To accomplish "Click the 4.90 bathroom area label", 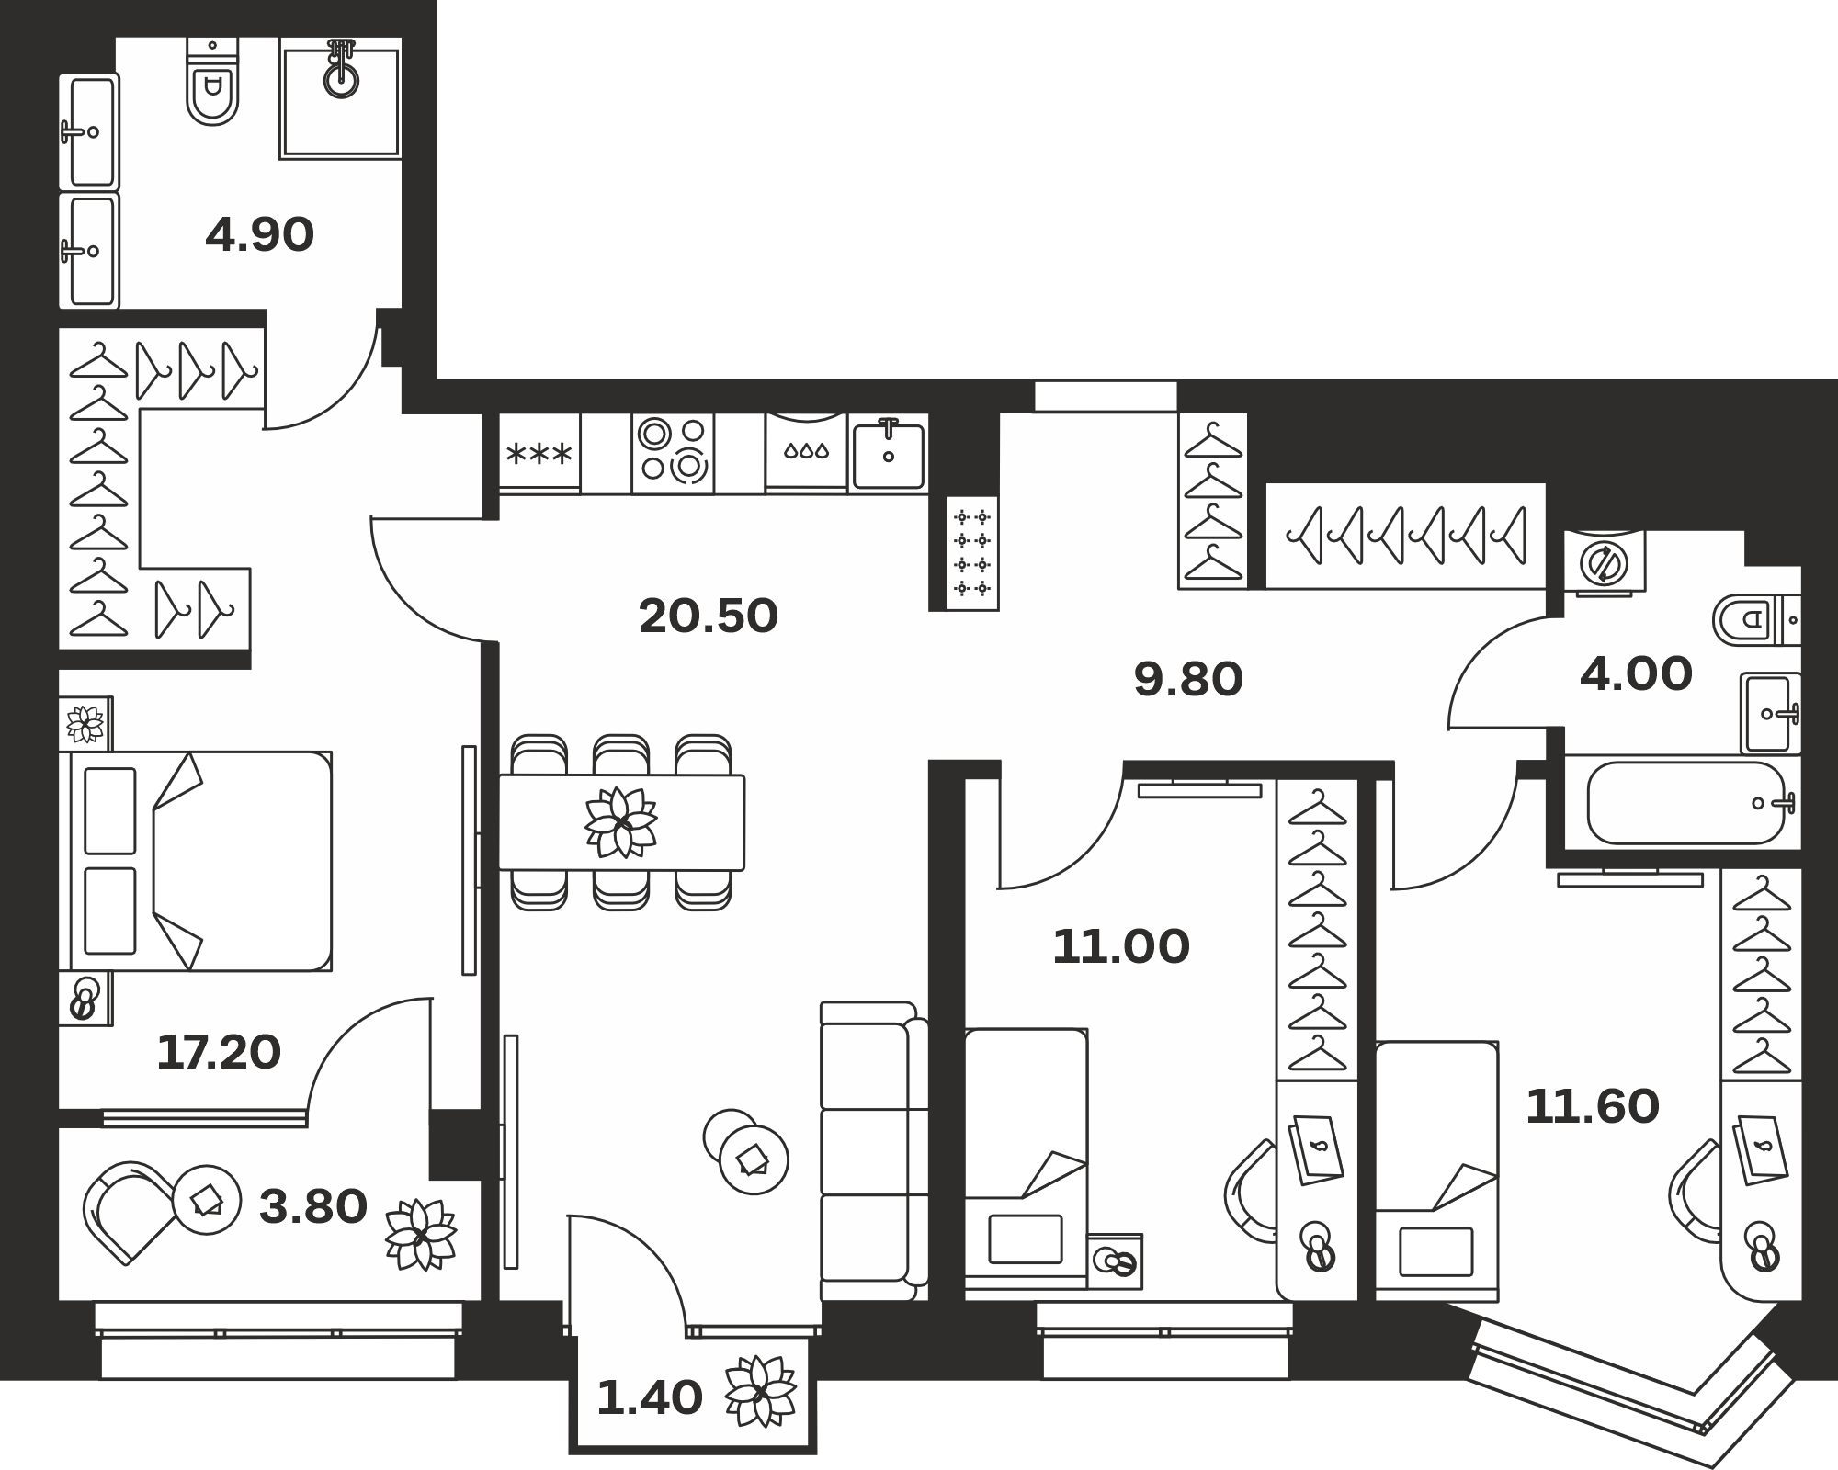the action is click(x=260, y=235).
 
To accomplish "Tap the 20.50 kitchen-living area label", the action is click(x=709, y=616).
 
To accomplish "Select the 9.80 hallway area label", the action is click(x=1188, y=680).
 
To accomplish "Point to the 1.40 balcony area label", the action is click(x=650, y=1398).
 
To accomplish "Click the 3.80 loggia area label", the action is click(x=313, y=1206).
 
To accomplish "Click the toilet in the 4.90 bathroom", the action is click(x=212, y=81).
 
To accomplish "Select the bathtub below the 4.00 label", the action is click(x=1686, y=803).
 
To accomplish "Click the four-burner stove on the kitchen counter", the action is click(x=673, y=452).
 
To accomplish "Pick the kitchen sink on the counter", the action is click(x=888, y=452).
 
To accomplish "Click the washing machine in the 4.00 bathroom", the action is click(x=1605, y=562).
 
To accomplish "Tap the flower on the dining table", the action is click(x=621, y=821).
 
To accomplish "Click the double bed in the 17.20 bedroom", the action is click(x=196, y=861).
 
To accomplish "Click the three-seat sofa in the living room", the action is click(x=870, y=1151).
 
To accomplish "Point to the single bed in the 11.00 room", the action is click(x=1027, y=1164).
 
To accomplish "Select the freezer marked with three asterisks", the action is click(x=539, y=452).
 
